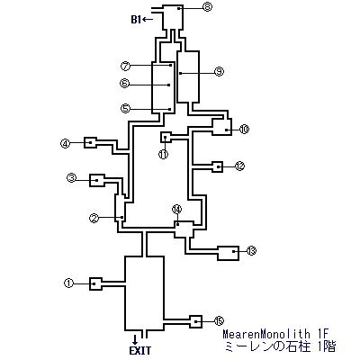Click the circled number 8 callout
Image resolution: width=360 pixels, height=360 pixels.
(207, 6)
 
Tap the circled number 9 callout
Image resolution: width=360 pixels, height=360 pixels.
(220, 71)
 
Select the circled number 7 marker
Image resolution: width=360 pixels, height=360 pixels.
(125, 66)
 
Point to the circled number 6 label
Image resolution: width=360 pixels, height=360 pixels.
(124, 83)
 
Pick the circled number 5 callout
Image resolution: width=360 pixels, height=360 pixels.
(125, 108)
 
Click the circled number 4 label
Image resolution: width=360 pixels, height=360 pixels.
(65, 144)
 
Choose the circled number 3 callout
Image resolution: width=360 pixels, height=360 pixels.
(72, 178)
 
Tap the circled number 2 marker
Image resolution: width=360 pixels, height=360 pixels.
(94, 219)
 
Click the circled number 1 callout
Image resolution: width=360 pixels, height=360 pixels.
(69, 283)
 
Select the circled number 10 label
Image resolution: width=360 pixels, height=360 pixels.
(245, 129)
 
